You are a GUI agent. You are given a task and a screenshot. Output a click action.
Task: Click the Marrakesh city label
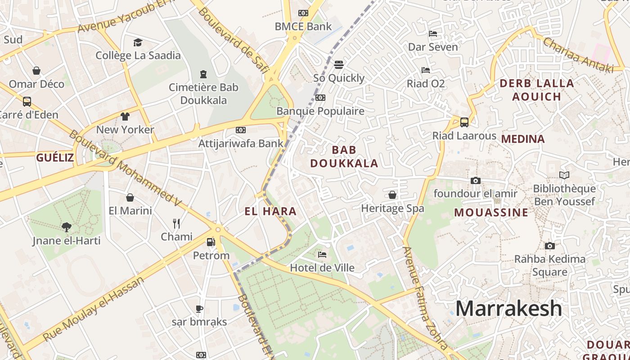click(508, 309)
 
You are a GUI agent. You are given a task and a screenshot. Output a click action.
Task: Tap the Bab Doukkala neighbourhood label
click(344, 157)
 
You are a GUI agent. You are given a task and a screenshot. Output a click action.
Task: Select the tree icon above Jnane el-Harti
click(67, 227)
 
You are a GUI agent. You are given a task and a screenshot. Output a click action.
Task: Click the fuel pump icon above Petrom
click(211, 242)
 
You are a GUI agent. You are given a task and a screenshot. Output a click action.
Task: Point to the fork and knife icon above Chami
click(176, 223)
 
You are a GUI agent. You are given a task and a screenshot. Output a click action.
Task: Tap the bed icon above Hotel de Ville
click(322, 254)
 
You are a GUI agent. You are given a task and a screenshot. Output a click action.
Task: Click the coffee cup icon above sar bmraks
click(199, 309)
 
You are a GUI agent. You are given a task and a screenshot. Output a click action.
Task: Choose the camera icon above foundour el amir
click(475, 181)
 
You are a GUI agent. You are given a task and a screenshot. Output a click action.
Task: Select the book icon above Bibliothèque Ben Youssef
click(564, 175)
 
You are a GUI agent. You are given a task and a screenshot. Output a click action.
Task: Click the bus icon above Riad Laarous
click(464, 122)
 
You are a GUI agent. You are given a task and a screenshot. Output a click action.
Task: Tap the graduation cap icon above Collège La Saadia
click(138, 42)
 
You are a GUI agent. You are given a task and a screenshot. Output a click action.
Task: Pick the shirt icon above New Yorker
click(125, 117)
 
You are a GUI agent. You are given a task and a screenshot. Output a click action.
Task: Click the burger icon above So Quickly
click(339, 65)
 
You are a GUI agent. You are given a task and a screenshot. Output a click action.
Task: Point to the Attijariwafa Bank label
click(241, 144)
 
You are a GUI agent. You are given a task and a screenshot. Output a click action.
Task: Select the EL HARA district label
click(270, 211)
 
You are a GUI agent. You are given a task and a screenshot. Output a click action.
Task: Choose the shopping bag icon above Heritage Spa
click(392, 195)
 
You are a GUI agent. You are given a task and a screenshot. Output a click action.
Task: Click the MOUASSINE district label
click(491, 212)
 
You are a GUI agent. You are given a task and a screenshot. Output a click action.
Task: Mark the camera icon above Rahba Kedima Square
click(549, 246)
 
